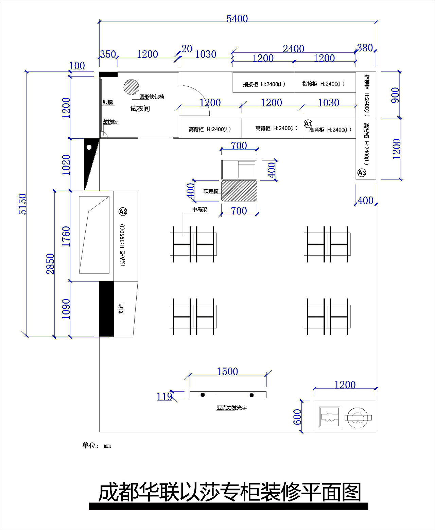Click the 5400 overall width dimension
pos(237,19)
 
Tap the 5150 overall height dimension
pos(23,204)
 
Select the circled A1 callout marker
pos(308,124)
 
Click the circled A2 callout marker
pos(123,211)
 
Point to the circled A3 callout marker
pos(362,173)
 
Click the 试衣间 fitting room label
pos(140,108)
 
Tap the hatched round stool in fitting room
pos(131,87)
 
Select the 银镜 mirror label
pos(108,102)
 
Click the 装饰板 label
pos(110,122)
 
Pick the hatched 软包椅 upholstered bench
pos(239,191)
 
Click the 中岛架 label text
pos(200,209)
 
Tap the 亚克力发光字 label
pos(232,407)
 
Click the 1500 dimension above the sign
pos(227,372)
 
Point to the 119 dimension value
pos(164,397)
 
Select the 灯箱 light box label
pos(121,308)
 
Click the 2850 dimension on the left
pos(50,264)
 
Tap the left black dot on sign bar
pos(203,395)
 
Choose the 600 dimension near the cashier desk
pos(297,417)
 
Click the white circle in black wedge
pos(89,147)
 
